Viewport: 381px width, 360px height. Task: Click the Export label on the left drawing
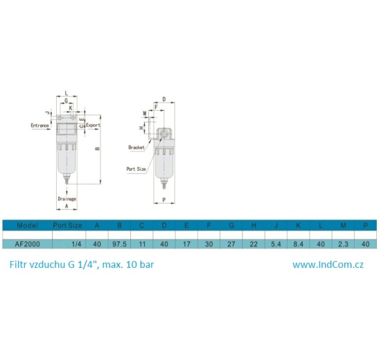coord(93,125)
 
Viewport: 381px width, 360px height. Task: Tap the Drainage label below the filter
coord(67,199)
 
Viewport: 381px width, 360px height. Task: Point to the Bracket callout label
coord(136,147)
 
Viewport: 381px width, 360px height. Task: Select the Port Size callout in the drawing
coord(136,168)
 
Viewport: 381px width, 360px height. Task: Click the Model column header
coord(27,225)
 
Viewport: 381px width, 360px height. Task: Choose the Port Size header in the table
coord(68,225)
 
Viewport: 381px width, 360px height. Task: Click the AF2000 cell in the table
coord(27,244)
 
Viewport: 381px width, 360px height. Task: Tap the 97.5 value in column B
coord(120,244)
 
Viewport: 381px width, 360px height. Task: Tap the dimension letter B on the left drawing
coord(97,147)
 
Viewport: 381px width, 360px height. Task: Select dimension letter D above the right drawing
coord(164,100)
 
